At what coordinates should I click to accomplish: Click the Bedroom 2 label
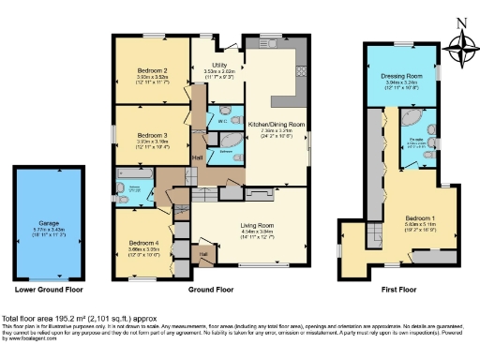151,70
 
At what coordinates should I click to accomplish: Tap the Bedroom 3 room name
151,135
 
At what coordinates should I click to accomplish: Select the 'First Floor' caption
399,291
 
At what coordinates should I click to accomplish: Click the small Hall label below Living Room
202,253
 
